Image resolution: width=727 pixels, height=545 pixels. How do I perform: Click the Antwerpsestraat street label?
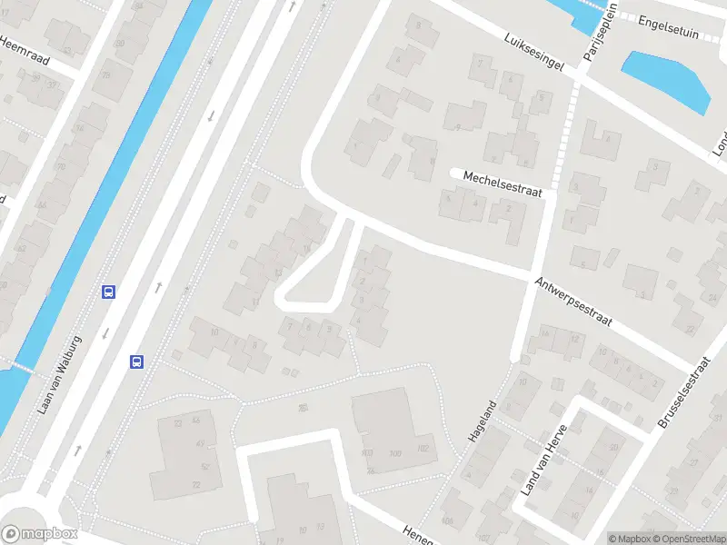point(574,304)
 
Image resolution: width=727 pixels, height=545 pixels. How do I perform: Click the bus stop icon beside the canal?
point(109,292)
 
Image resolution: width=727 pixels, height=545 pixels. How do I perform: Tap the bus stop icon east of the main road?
point(137,362)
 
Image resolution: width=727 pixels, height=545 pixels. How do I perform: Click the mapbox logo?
point(39,534)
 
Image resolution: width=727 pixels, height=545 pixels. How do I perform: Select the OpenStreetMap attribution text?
point(690,538)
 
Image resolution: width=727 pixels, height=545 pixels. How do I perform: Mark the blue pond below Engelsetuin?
point(666,79)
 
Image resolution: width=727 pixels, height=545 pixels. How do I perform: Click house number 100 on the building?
point(394,452)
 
